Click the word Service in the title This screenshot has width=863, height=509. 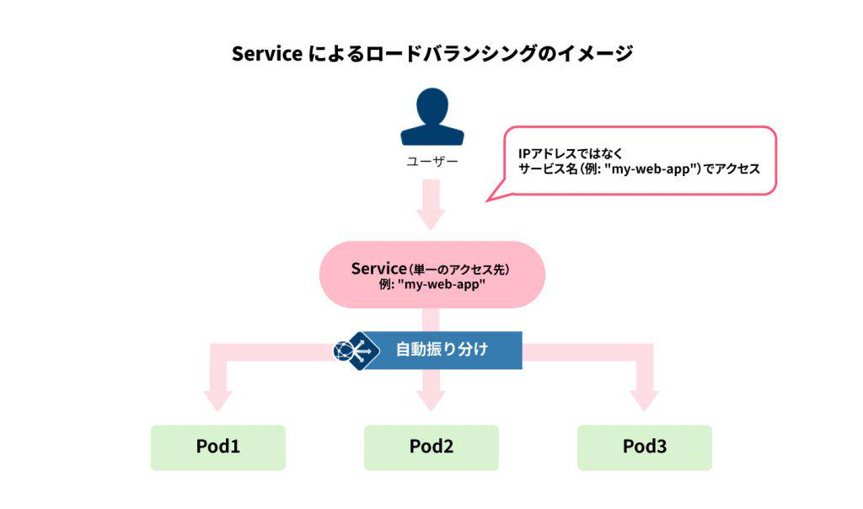point(266,54)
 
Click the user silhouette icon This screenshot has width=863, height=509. point(431,118)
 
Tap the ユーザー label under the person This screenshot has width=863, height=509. point(431,161)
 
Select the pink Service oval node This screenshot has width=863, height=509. point(431,275)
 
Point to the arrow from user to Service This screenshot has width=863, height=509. point(431,206)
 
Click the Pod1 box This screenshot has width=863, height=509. point(218,447)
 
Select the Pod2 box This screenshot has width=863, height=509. point(431,447)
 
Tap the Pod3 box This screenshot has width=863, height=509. point(645,447)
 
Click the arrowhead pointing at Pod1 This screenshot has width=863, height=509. point(218,400)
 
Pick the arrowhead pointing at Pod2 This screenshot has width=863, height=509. point(431,400)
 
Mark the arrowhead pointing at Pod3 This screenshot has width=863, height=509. point(645,400)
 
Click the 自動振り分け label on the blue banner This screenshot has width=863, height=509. point(442,350)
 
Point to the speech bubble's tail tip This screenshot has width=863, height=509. point(487,201)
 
